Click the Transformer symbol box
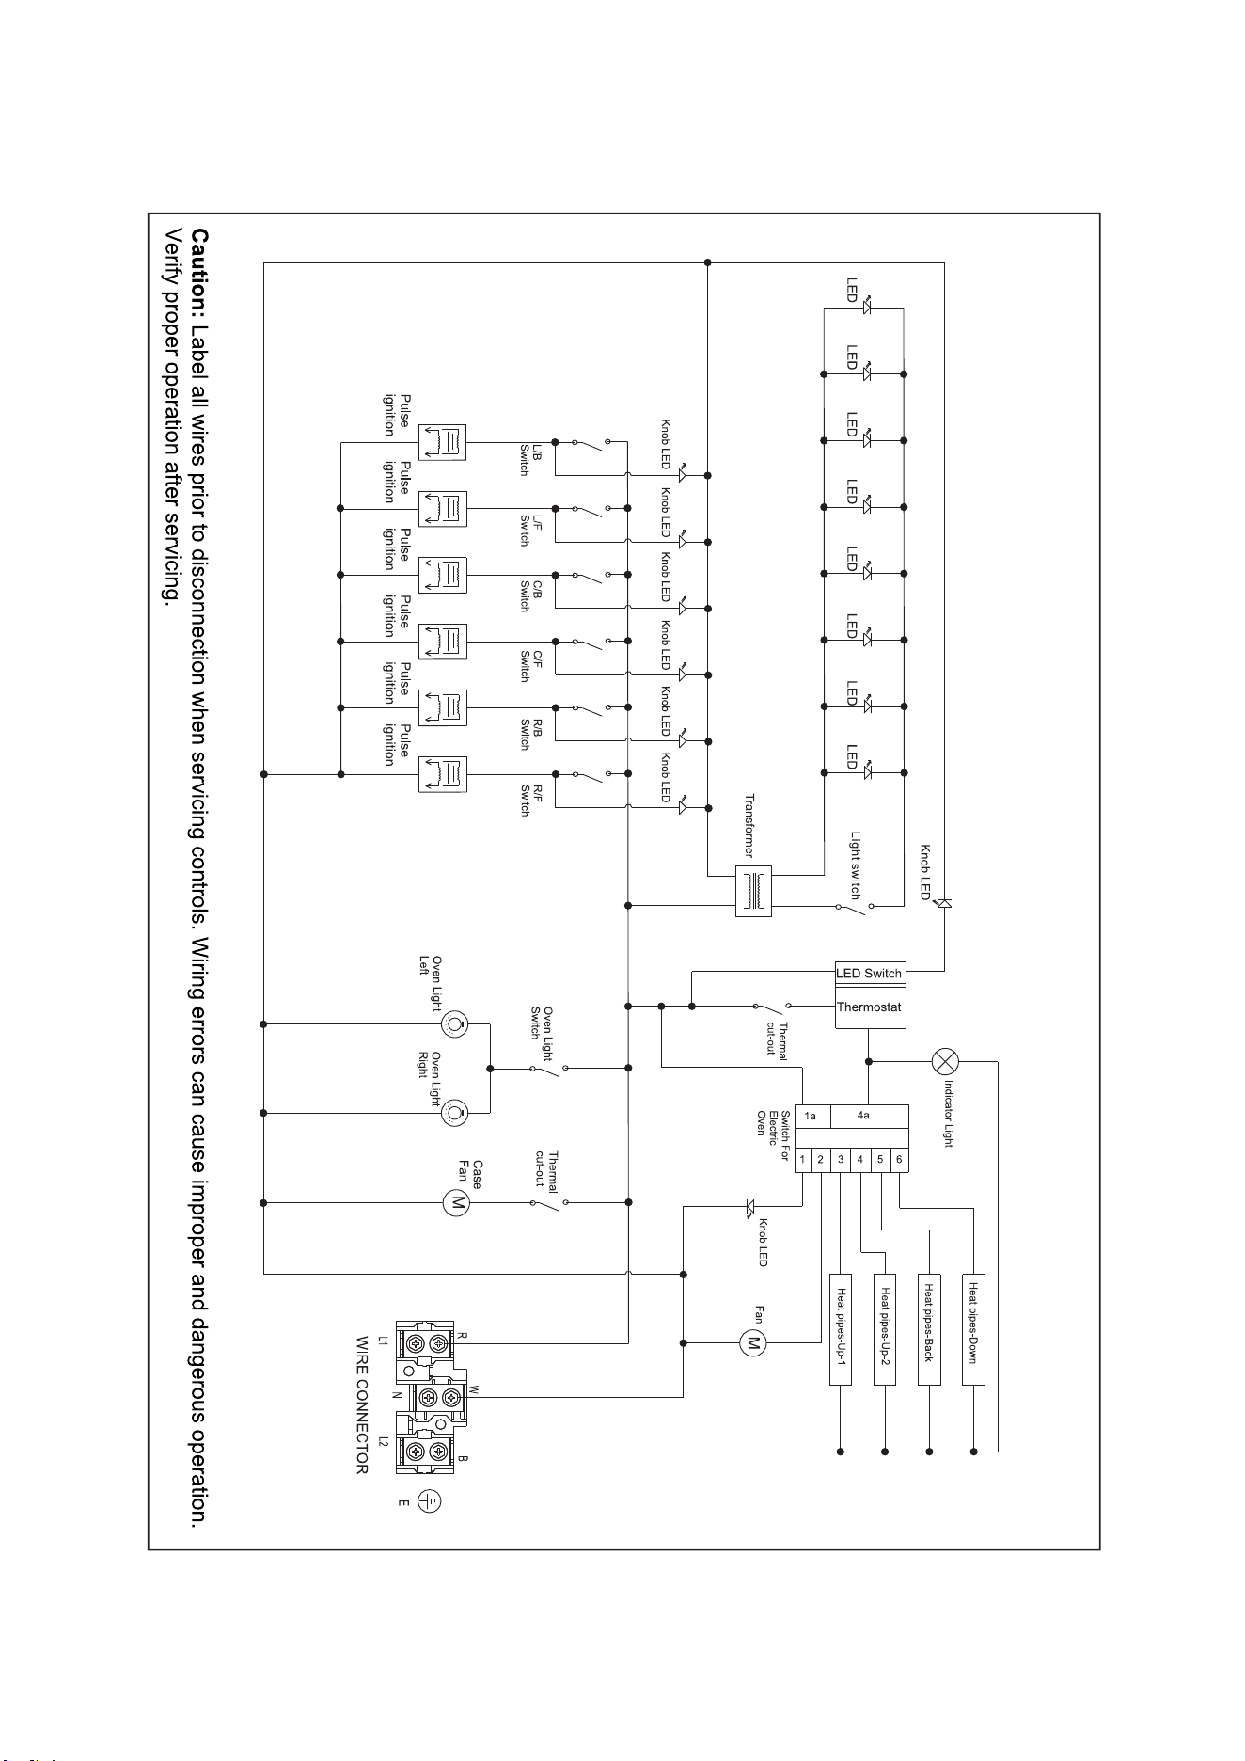[x=753, y=890]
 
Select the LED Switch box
[x=871, y=973]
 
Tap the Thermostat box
[x=871, y=1007]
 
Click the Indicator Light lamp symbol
[x=945, y=1061]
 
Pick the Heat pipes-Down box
[x=973, y=1328]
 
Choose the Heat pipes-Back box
[x=929, y=1328]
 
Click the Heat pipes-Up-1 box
[x=841, y=1328]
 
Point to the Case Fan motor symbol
[x=456, y=1201]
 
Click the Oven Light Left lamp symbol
[x=455, y=1023]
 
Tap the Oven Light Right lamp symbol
[x=455, y=1113]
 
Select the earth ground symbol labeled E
[x=430, y=1500]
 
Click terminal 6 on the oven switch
[x=899, y=1160]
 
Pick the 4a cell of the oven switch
[x=864, y=1117]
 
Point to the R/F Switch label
[x=530, y=801]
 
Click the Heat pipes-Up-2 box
[x=885, y=1328]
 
